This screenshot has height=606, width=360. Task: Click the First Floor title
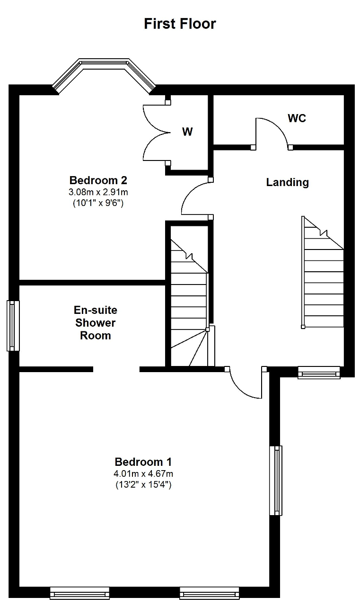[x=180, y=24]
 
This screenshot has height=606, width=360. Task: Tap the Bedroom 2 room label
[x=98, y=180]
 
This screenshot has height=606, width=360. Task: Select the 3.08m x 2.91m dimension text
[x=98, y=192]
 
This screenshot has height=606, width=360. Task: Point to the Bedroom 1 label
[x=143, y=462]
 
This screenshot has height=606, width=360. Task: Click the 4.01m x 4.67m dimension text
[x=143, y=474]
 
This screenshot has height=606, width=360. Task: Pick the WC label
[x=297, y=118]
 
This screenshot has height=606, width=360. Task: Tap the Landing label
[x=287, y=182]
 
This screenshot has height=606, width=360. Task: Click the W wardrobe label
[x=187, y=132]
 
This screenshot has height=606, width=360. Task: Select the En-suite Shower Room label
[x=96, y=323]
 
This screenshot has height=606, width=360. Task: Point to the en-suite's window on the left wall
[x=13, y=325]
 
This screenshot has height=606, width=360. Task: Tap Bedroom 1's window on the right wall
[x=276, y=481]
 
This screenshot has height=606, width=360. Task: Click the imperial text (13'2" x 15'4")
[x=143, y=484]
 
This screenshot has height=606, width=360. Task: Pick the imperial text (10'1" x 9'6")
[x=98, y=203]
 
